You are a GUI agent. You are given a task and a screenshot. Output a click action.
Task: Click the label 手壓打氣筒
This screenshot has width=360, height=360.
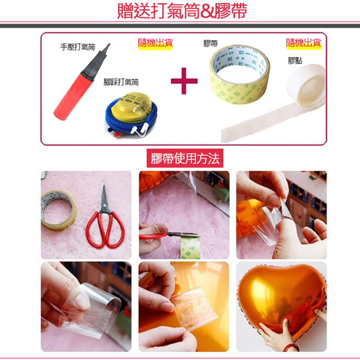click(77, 47)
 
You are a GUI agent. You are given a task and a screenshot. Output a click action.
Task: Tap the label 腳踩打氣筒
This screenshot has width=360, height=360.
click(121, 82)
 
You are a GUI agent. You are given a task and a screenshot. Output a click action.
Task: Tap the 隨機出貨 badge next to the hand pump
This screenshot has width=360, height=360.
click(155, 43)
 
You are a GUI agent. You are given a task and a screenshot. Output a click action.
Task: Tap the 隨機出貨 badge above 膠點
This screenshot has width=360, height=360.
click(304, 43)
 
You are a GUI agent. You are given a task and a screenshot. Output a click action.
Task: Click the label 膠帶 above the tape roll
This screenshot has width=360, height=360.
click(210, 44)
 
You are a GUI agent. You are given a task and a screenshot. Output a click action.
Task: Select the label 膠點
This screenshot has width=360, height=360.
click(295, 60)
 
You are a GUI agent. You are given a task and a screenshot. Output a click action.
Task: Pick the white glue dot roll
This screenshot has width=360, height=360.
click(307, 89)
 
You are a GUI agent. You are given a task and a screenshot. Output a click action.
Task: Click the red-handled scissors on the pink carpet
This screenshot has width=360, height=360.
click(105, 223)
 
